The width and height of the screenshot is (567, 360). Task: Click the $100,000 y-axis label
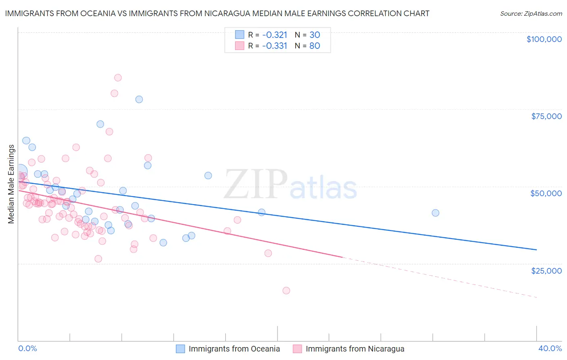[544, 39]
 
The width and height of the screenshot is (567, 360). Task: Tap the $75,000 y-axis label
[546, 116]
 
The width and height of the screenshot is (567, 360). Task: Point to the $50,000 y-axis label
[546, 193]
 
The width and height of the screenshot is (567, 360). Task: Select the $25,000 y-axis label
[546, 270]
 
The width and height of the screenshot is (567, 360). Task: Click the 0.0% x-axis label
[27, 348]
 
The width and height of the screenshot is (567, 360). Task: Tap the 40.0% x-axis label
[550, 348]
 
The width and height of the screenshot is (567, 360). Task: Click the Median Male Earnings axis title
[11, 184]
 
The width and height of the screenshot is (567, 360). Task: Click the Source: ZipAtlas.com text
[531, 14]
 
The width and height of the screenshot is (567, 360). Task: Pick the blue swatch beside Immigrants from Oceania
[180, 349]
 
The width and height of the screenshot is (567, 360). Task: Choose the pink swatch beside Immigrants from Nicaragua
[297, 349]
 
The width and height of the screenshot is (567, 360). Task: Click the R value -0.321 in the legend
[275, 35]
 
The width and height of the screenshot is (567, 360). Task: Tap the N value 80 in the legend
[315, 46]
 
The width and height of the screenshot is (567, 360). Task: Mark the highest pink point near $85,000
[118, 77]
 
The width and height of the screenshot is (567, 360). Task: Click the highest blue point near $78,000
[139, 99]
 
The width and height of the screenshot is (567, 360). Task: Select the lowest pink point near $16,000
[286, 291]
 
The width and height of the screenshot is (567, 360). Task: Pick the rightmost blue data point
[436, 213]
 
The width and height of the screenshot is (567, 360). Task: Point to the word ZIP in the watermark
[256, 184]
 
